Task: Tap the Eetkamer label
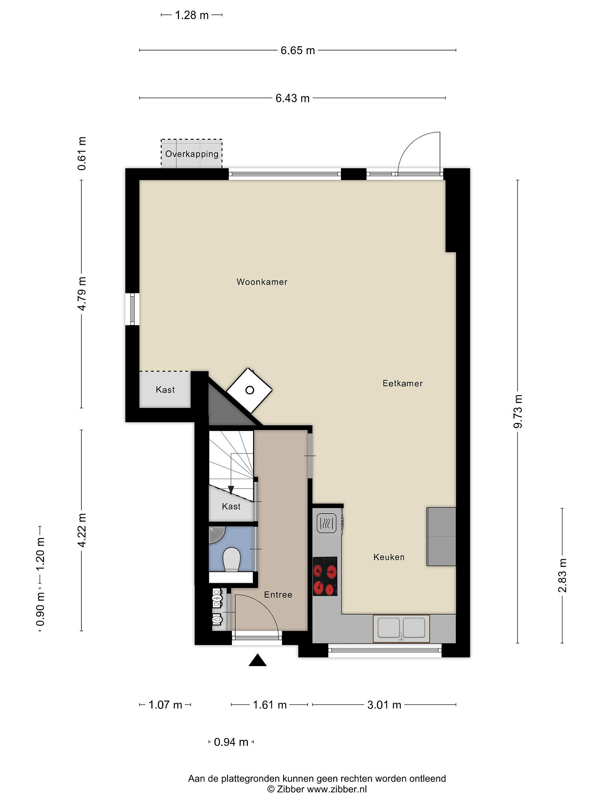pyautogui.click(x=402, y=383)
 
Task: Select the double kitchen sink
pyautogui.click(x=401, y=628)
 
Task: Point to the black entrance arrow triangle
pyautogui.click(x=258, y=660)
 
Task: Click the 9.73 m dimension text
pyautogui.click(x=518, y=411)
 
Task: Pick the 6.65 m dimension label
pyautogui.click(x=298, y=50)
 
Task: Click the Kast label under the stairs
pyautogui.click(x=231, y=506)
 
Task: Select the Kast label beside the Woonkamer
pyautogui.click(x=165, y=390)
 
